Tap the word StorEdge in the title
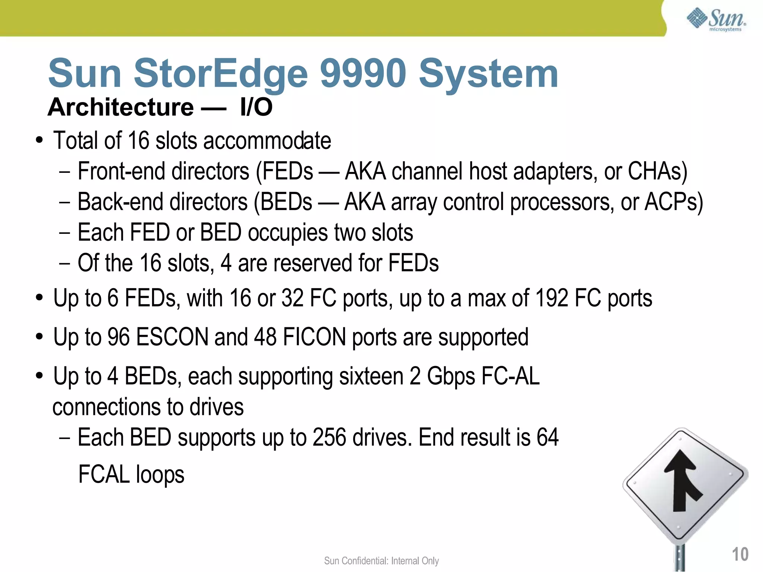point(220,73)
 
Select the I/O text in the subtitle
point(256,107)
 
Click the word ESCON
point(172,337)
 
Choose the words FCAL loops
point(131,474)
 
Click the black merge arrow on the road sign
point(681,480)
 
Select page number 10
point(740,554)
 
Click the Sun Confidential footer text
point(381,561)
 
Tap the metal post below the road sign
point(680,559)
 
